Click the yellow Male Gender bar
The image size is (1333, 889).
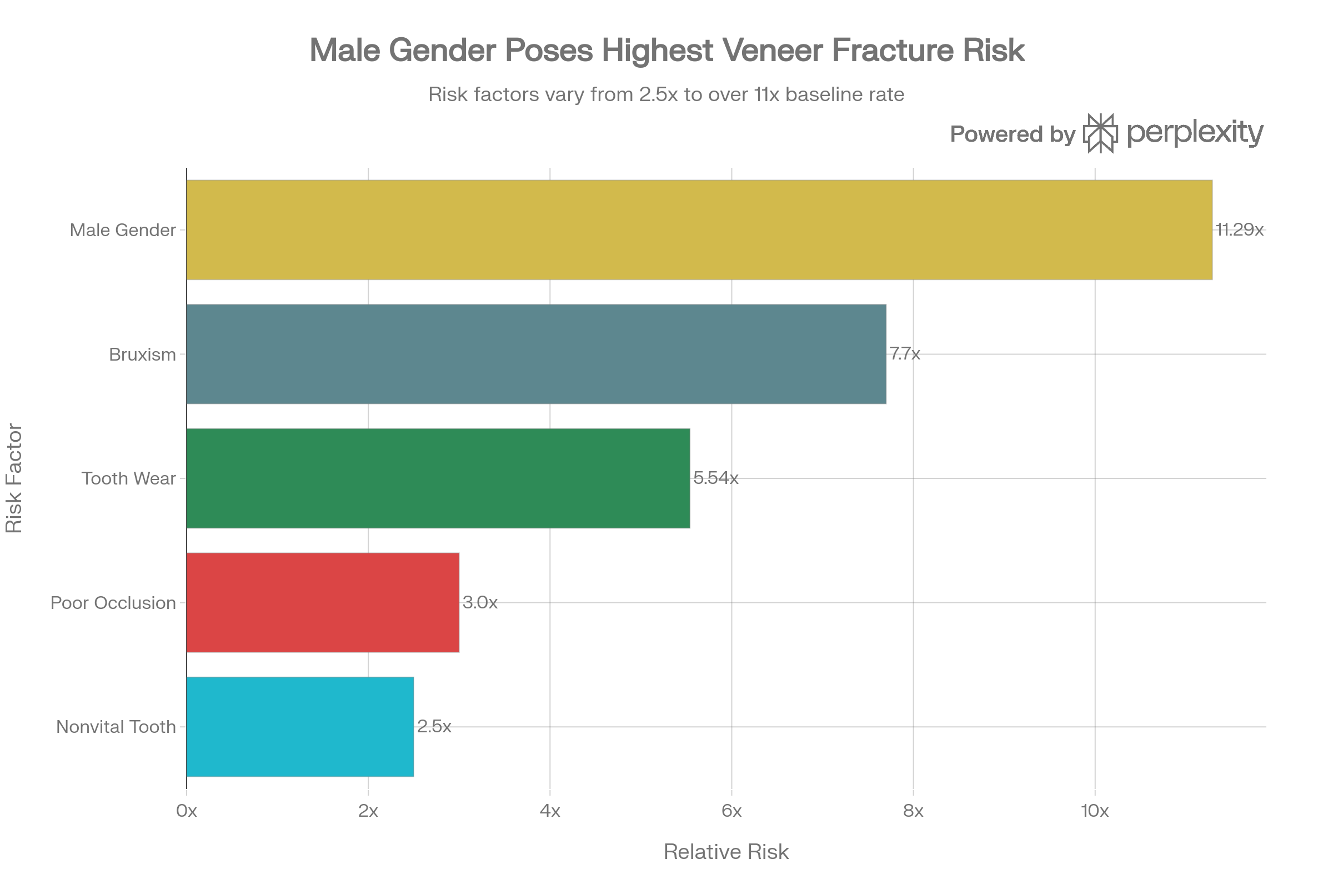point(699,229)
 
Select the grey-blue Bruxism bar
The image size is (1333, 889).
point(536,354)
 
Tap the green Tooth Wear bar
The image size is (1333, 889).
point(438,478)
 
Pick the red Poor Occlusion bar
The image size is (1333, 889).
point(323,603)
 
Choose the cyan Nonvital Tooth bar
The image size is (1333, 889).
point(300,726)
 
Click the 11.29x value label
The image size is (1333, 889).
point(1239,229)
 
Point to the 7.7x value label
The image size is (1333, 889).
point(905,354)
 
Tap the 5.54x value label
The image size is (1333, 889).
point(715,478)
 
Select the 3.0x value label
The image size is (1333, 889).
point(479,603)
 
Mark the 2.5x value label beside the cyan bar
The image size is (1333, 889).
point(434,726)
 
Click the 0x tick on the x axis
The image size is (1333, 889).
point(187,811)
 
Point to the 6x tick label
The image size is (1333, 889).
point(731,811)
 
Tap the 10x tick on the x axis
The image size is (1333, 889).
point(1094,811)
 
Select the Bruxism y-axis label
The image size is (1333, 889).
point(142,355)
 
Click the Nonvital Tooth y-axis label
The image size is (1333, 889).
point(116,727)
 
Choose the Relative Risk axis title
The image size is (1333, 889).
point(726,852)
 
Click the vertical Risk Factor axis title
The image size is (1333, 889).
point(14,478)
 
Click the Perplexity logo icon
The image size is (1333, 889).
point(1100,133)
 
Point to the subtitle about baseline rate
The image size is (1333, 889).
point(666,94)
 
